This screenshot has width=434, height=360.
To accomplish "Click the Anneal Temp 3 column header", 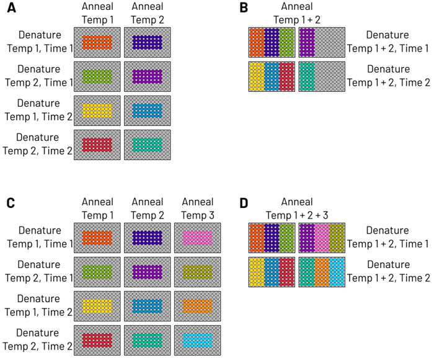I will point(198,208).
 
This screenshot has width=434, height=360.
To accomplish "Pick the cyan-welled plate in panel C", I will point(198,340).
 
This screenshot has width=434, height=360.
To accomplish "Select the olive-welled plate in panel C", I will point(198,272).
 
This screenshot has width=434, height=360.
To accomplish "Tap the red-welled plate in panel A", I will point(97,145).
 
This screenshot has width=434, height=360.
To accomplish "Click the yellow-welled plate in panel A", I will point(97,110).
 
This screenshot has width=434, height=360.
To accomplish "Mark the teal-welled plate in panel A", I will point(148,145).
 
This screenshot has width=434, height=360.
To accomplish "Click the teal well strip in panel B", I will point(306,76).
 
